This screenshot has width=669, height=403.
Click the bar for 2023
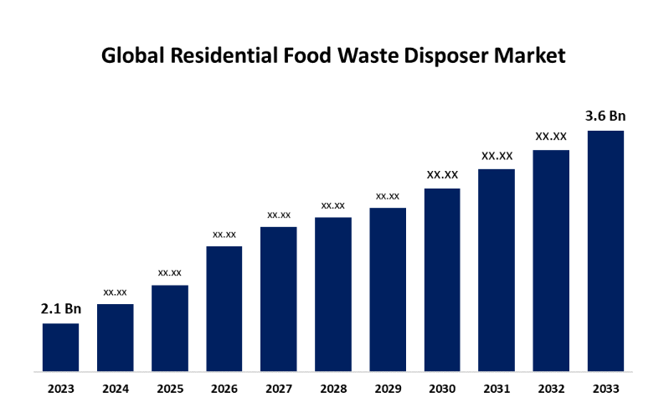pyautogui.click(x=60, y=347)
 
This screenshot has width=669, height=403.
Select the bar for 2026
pyautogui.click(x=224, y=308)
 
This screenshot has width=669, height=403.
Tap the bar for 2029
pyautogui.click(x=388, y=289)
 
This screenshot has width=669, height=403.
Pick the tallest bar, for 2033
pyautogui.click(x=605, y=251)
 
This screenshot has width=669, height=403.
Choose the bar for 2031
pyautogui.click(x=497, y=270)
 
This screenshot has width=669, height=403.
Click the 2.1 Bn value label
pyautogui.click(x=60, y=309)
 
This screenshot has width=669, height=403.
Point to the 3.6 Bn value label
pyautogui.click(x=605, y=116)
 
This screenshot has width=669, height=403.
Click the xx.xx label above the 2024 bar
pyautogui.click(x=115, y=292)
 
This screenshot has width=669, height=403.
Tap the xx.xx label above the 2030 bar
pyautogui.click(x=442, y=174)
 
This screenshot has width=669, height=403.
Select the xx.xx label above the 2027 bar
pyautogui.click(x=279, y=215)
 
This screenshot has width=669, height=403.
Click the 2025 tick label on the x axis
pyautogui.click(x=170, y=389)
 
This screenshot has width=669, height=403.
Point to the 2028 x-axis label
pyautogui.click(x=333, y=389)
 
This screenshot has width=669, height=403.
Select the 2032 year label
pyautogui.click(x=551, y=389)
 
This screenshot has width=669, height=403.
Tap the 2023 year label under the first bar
pyautogui.click(x=60, y=389)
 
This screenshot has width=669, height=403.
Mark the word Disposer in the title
pyautogui.click(x=446, y=56)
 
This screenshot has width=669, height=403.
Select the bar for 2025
pyautogui.click(x=170, y=328)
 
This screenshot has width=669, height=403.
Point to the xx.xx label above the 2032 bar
pyautogui.click(x=551, y=136)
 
